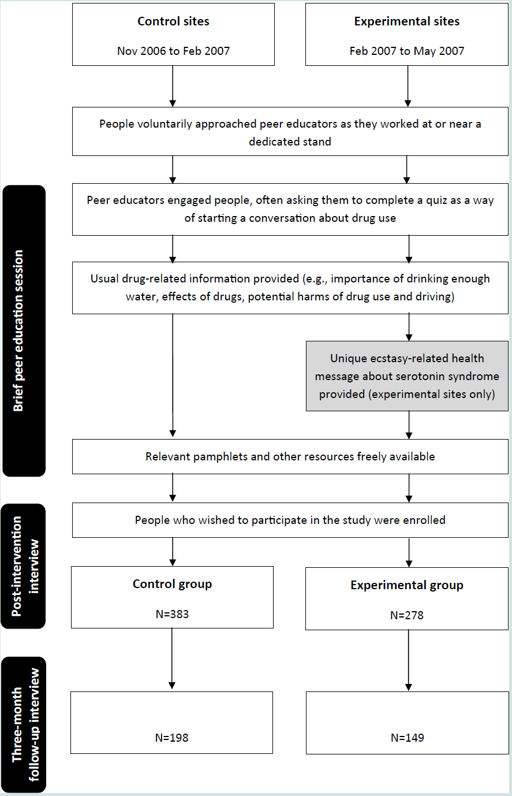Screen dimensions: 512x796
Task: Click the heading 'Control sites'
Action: click(173, 21)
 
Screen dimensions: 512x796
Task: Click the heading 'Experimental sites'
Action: click(407, 21)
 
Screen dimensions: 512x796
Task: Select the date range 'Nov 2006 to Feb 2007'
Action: click(173, 51)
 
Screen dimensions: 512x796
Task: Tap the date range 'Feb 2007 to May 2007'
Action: click(407, 51)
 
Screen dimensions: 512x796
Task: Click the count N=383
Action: click(172, 614)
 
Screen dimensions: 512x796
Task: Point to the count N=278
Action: click(407, 615)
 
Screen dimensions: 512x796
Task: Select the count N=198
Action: click(172, 738)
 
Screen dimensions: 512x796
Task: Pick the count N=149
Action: click(408, 738)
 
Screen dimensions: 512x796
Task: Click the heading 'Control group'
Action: click(172, 584)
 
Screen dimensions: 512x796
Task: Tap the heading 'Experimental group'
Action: click(407, 585)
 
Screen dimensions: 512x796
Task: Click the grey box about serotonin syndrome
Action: click(408, 376)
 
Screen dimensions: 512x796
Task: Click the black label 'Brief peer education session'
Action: click(24, 330)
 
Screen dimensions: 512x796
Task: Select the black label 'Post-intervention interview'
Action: click(24, 567)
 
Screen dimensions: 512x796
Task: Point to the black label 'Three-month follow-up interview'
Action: click(24, 724)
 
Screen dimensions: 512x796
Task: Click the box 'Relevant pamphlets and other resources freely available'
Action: click(290, 457)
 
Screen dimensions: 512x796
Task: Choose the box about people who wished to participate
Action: click(290, 520)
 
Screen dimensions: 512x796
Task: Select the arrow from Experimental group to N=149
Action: click(408, 660)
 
